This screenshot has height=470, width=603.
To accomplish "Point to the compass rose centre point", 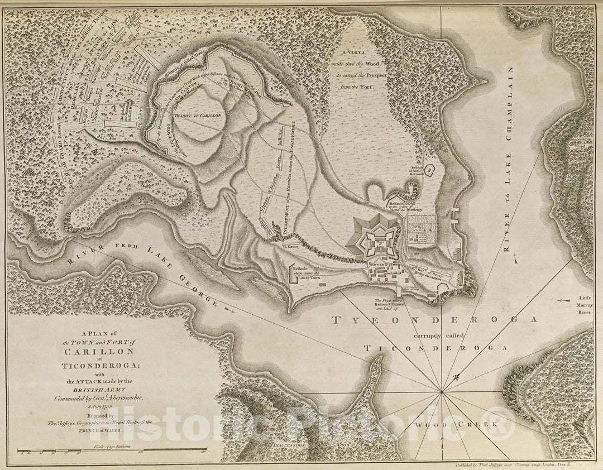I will [442, 392].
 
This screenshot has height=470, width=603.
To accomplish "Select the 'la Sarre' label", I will [289, 246].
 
